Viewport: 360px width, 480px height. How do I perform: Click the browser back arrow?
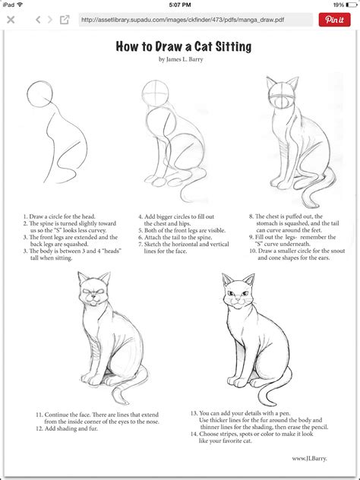(x=11, y=20)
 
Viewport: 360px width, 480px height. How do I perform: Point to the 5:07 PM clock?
(x=180, y=5)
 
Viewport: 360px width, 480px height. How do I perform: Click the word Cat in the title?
(x=201, y=47)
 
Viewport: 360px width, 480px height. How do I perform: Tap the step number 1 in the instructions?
(x=25, y=217)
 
